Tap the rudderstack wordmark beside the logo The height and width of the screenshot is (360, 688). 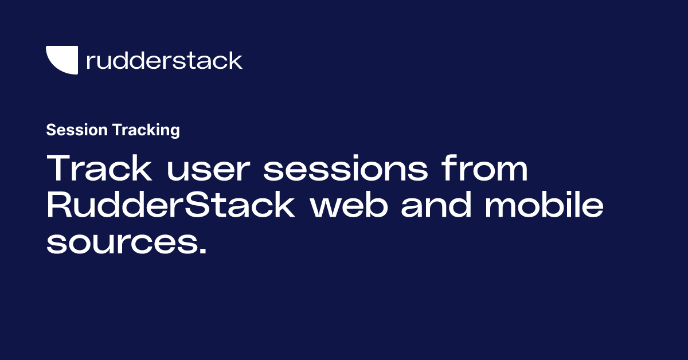coord(164,60)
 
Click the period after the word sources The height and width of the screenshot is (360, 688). coord(201,251)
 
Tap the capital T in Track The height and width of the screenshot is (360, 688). coord(59,169)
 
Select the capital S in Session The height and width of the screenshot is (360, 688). coord(50,130)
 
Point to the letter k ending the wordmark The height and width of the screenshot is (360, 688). coord(236,60)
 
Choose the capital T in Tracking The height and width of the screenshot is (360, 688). coord(117,130)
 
